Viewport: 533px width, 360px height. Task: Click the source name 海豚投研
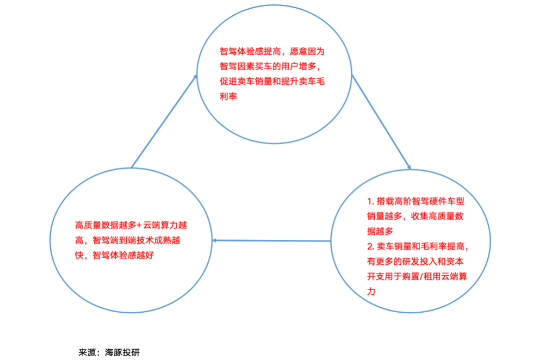tap(122, 352)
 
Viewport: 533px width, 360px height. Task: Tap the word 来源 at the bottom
tap(87, 352)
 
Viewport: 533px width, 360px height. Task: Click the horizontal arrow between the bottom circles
tap(271, 241)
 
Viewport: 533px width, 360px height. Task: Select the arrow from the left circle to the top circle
tap(164, 121)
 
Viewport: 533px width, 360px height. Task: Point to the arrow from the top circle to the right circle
tap(381, 122)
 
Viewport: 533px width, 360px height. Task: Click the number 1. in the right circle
tap(370, 202)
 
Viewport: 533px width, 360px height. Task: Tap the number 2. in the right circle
tap(370, 246)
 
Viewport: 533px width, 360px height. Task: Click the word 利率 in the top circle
tap(228, 97)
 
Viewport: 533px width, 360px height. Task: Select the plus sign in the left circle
tap(139, 225)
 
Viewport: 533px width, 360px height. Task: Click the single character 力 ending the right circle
tap(371, 291)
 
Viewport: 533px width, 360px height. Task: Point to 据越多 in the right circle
tap(380, 232)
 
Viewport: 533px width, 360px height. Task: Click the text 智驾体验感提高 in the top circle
tap(250, 52)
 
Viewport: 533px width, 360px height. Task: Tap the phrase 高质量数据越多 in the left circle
tap(106, 225)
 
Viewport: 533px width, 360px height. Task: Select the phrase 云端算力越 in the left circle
tap(165, 225)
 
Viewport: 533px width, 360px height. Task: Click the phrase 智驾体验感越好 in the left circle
tap(123, 255)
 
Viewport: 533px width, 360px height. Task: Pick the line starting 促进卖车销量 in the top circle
tap(272, 82)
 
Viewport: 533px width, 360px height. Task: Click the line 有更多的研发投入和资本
tap(416, 262)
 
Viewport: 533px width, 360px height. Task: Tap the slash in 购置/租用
tap(422, 276)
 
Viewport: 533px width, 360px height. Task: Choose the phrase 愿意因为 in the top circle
tap(307, 52)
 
